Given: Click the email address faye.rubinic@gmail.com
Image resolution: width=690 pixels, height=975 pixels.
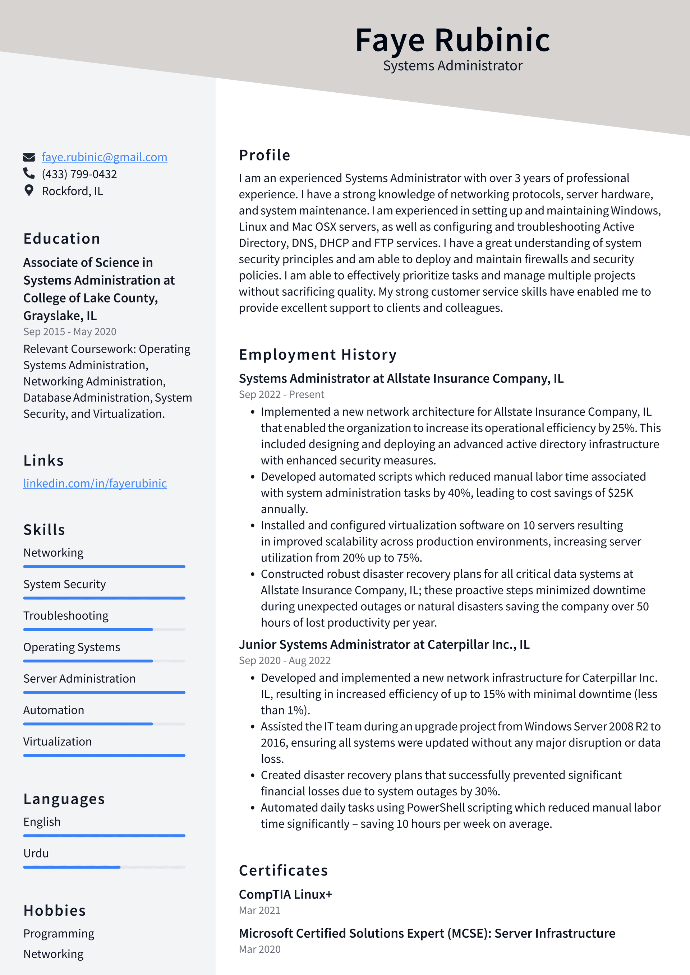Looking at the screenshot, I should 104,157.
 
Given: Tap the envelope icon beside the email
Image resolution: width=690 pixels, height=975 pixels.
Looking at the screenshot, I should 29,157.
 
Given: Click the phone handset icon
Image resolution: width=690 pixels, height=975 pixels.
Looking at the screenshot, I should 29,173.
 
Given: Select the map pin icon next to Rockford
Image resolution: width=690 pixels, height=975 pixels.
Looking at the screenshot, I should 29,190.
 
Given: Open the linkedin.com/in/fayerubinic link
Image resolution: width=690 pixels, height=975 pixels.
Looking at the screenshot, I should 95,483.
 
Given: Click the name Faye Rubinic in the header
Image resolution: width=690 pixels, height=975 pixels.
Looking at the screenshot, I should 452,40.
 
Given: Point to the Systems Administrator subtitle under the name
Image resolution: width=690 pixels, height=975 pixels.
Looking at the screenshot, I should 452,66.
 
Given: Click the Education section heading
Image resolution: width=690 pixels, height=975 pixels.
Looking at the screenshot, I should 61,239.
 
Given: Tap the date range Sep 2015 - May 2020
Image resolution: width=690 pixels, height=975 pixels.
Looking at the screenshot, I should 70,332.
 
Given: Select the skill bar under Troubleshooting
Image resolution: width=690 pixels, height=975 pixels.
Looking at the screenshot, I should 104,629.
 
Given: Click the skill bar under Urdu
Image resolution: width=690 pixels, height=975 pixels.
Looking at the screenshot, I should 104,867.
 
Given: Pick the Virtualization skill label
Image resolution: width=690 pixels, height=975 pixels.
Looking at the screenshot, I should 57,741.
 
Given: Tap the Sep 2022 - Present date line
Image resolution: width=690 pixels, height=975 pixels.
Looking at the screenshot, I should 281,394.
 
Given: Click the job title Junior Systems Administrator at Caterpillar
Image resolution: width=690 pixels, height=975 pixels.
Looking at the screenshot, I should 384,644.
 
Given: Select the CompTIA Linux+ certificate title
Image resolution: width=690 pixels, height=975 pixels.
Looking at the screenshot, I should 285,894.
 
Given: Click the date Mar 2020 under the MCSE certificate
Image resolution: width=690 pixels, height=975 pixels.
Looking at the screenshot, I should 259,949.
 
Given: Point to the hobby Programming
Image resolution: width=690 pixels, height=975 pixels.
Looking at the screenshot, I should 59,933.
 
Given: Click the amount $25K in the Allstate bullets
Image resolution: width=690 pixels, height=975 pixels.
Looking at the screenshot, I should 620,493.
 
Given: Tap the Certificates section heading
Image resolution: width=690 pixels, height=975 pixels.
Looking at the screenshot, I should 283,870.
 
